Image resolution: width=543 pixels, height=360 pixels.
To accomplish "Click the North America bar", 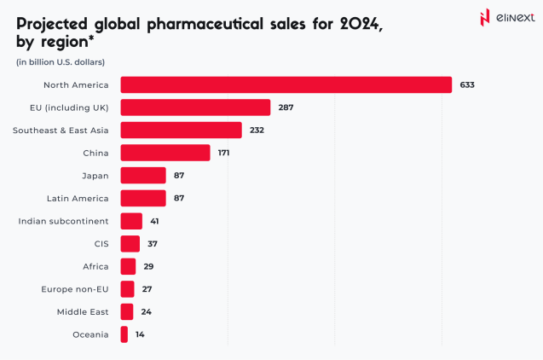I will tap(286, 84).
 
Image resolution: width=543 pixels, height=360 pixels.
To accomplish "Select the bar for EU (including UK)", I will tap(195, 107).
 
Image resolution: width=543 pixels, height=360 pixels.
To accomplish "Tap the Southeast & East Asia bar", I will tap(181, 130).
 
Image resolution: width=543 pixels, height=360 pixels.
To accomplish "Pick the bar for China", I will tap(165, 153).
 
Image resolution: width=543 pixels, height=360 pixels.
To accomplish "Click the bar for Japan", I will tap(143, 175).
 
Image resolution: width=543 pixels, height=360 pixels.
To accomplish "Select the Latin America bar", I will tap(143, 198).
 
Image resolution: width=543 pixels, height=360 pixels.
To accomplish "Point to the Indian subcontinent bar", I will tap(131, 221).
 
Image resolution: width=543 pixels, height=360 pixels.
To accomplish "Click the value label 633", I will tap(466, 84).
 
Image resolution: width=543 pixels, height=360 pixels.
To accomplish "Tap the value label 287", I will tap(286, 107).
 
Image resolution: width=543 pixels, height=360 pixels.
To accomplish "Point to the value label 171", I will tap(223, 153).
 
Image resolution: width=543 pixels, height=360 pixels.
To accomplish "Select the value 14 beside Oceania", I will tap(140, 334).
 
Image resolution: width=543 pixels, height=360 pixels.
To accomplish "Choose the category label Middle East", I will tap(83, 311).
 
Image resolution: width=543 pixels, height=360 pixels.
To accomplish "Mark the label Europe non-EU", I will tap(75, 289).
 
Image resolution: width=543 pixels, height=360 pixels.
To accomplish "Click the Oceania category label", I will tap(90, 334).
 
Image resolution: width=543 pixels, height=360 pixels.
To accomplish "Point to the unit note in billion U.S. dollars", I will tap(60, 61).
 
